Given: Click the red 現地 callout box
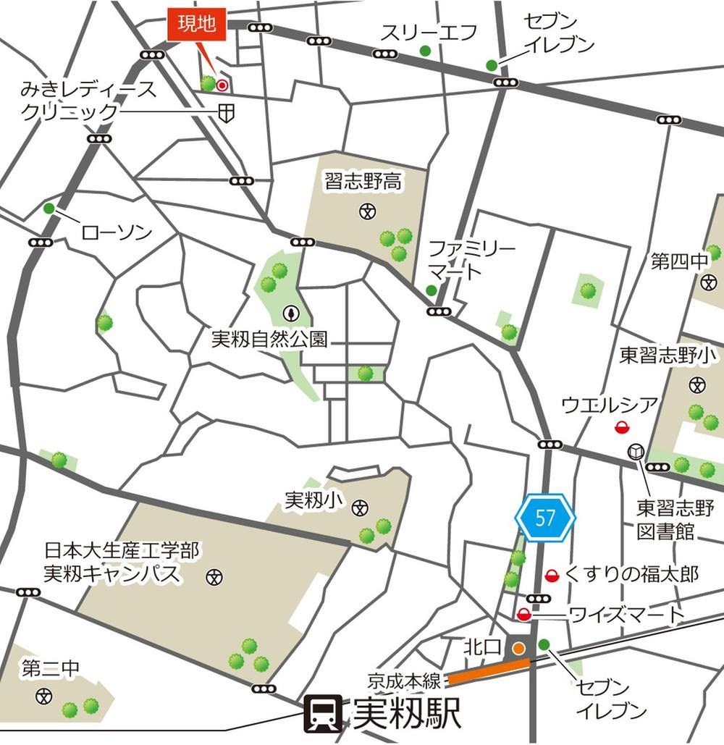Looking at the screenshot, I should tap(197, 25).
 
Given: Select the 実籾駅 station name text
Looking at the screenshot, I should tap(406, 714).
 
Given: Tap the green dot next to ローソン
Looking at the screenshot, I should tap(49, 209).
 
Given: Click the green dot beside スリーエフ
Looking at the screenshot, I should tap(425, 51).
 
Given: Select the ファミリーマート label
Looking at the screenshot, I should tap(471, 261).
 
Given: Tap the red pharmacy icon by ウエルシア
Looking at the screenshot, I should tap(621, 427).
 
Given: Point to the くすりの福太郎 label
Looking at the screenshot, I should tap(631, 575).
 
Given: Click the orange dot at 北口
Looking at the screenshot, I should tap(518, 648).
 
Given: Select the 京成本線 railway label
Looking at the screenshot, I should tap(404, 681).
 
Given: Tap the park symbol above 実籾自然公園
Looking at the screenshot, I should tap(291, 313).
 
